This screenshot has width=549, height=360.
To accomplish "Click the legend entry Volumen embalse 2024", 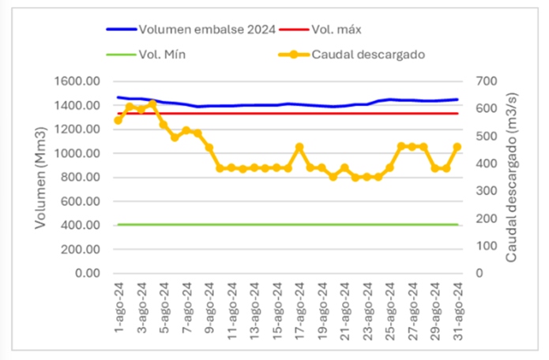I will pos(207,30).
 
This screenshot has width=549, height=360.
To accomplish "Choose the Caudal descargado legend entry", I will pos(369,54).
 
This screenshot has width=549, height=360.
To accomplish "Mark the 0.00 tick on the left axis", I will pos(88,273).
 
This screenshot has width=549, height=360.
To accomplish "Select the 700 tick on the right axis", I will pos(479,81).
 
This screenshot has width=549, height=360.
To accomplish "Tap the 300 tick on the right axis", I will pos(479,191).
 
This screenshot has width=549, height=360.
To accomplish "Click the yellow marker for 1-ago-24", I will pos(118,120).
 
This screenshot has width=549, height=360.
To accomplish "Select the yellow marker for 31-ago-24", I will pos(457,147).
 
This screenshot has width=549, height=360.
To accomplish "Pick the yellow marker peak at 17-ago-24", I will pos(299,147).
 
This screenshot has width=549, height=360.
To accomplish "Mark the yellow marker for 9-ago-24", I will pos(209,148).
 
